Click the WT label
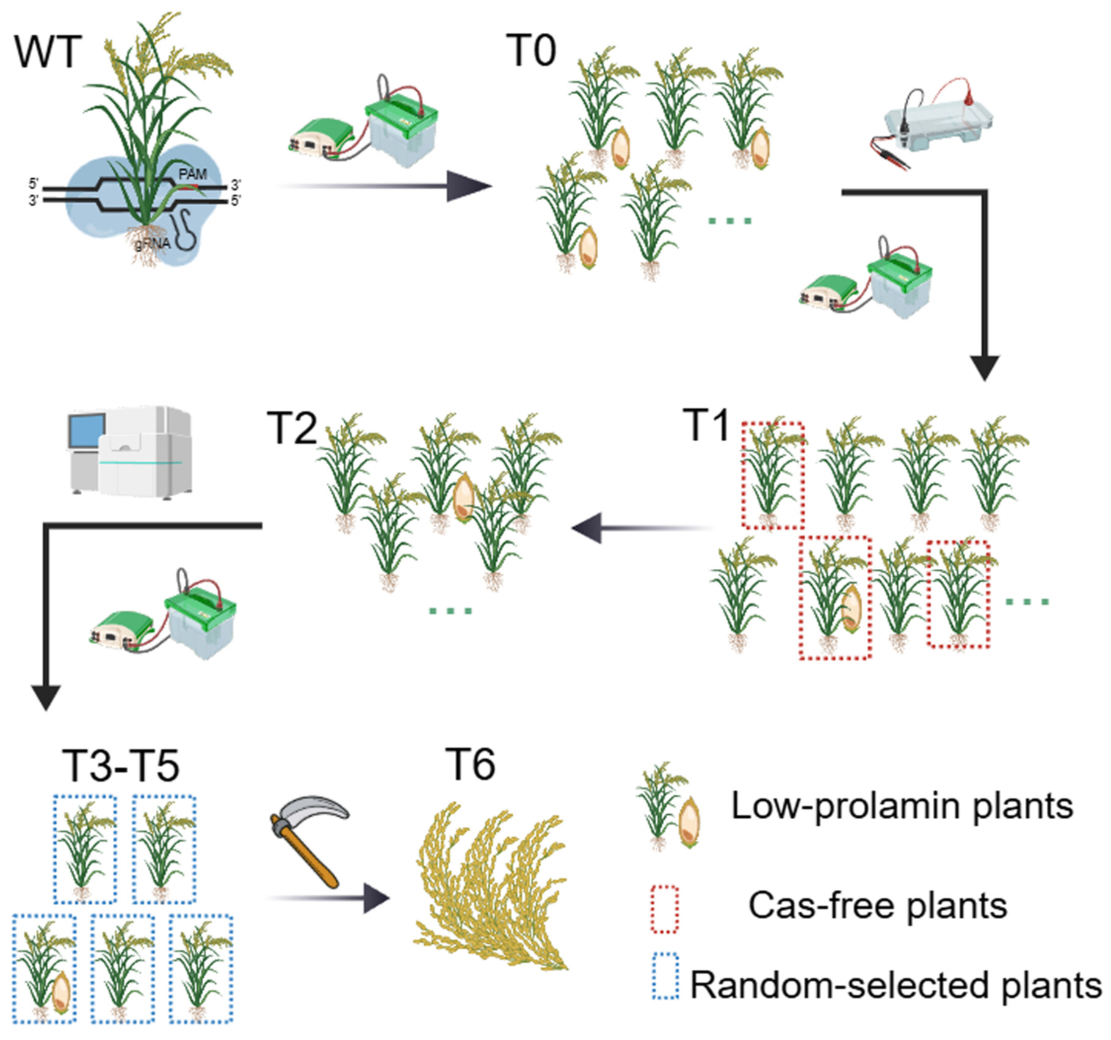coord(48,52)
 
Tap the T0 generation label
coord(531,51)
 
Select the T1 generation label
coord(706,425)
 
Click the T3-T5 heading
coord(121,765)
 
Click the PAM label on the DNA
coord(193,175)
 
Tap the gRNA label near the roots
coord(153,244)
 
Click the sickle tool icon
coord(308,840)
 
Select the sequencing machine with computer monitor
coord(129,452)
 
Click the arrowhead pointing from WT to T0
coord(470,186)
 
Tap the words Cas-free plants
coord(878,905)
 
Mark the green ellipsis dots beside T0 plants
coord(730,221)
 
